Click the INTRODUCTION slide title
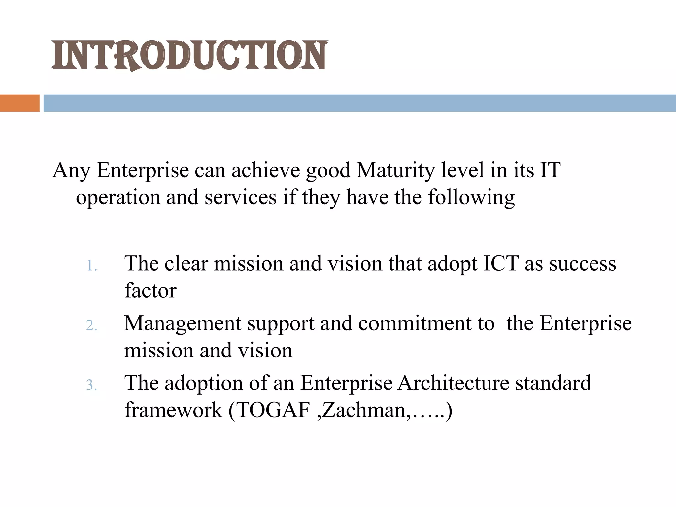pyautogui.click(x=189, y=55)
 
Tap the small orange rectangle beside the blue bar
pyautogui.click(x=19, y=103)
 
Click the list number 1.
pyautogui.click(x=91, y=266)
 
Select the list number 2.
pyautogui.click(x=91, y=326)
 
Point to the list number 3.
pyautogui.click(x=91, y=385)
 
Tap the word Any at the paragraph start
pyautogui.click(x=71, y=171)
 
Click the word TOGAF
pyautogui.click(x=273, y=410)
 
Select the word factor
pyautogui.click(x=150, y=291)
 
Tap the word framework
pyautogui.click(x=173, y=410)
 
